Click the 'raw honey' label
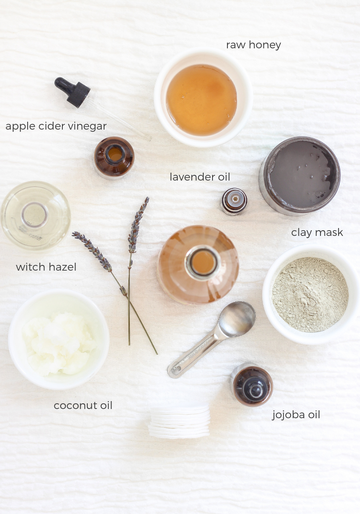coord(253,45)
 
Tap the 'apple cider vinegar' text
coord(56,127)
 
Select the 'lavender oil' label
coord(200,177)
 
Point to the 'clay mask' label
coord(317,232)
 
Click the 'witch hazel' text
coord(46,267)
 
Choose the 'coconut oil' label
coord(83,405)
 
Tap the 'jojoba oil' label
coord(296,415)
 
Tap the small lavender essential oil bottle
coord(234,201)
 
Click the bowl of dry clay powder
coord(310,294)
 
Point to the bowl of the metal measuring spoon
coord(237,319)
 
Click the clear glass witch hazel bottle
coord(36,215)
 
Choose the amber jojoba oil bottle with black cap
coord(252,385)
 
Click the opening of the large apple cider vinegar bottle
coord(203,262)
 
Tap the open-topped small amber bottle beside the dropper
coord(114,157)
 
